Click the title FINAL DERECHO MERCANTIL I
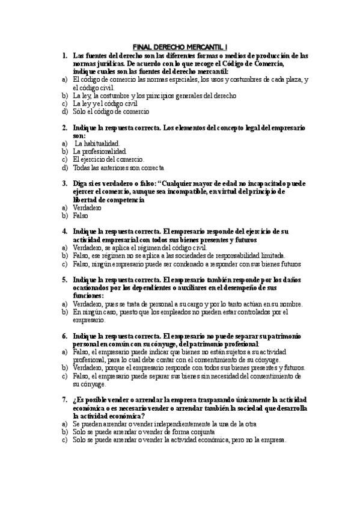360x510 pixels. (180, 46)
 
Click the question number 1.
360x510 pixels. (65, 55)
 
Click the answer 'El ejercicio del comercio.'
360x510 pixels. (108, 159)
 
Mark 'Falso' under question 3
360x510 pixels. (80, 215)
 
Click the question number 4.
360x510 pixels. (65, 232)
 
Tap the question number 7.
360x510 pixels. (65, 400)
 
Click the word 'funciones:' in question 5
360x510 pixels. (88, 296)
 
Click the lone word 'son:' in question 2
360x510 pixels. (79, 136)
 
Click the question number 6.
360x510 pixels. (65, 336)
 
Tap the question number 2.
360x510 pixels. (65, 128)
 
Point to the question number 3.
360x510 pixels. (65, 183)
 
